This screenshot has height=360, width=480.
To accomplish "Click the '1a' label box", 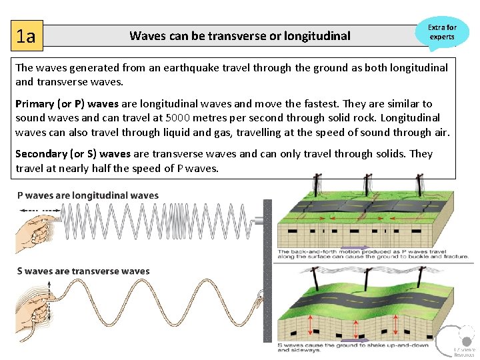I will tap(27, 36).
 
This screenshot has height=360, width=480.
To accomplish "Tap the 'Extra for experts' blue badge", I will tap(442, 33).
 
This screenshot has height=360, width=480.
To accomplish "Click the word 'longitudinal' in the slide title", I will tap(317, 36).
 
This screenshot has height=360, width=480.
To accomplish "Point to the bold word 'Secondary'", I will tap(41, 154).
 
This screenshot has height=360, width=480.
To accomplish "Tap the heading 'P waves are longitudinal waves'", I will tap(87, 195).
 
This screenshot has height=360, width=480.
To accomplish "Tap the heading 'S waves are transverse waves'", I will tap(83, 271).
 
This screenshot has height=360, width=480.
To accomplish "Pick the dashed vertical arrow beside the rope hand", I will tap(48, 310).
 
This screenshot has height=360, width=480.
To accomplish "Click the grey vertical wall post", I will tap(268, 267).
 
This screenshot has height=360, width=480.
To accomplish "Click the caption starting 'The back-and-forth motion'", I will tap(372, 253).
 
